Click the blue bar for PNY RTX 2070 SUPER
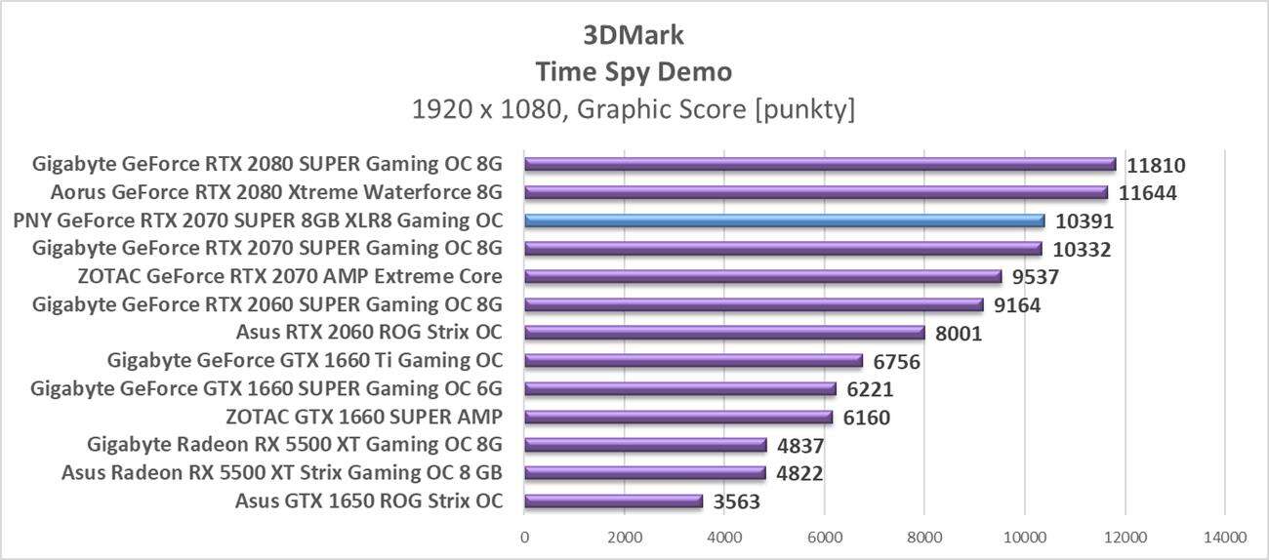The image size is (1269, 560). tap(784, 220)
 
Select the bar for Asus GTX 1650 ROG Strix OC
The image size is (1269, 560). tap(613, 501)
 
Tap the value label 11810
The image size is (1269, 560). tap(1156, 166)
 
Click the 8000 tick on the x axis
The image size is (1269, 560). tap(924, 537)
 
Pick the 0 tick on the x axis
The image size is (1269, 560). tap(525, 537)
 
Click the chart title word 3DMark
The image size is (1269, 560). tap(634, 36)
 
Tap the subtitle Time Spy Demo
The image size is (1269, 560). tap(634, 72)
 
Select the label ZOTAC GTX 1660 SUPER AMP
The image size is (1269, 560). tap(364, 418)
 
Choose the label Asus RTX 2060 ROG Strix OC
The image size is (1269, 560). tap(370, 333)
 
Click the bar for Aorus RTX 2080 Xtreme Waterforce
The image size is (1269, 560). tap(816, 192)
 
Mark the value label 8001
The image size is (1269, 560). tap(958, 334)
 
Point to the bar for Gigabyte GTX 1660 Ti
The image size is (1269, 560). tap(693, 361)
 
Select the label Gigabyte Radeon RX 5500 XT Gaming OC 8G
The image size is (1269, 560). tap(295, 446)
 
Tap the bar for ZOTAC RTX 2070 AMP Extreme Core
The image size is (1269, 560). tap(762, 276)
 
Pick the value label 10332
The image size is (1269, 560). tap(1082, 250)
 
